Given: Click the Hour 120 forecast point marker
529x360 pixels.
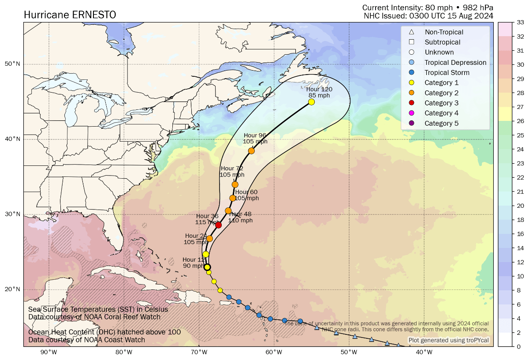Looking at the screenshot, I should [x=311, y=102].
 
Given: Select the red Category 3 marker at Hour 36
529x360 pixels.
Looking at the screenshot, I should [x=218, y=225].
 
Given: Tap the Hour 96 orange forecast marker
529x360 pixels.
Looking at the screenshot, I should [x=251, y=151].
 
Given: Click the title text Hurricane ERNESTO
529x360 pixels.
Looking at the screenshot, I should [x=70, y=15].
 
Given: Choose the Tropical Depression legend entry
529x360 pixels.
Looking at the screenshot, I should [x=455, y=63].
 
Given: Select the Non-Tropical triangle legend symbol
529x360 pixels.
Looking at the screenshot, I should [x=411, y=32].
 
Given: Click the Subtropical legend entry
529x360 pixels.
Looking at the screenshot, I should [x=442, y=42].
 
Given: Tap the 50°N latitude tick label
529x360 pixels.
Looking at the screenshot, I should [x=12, y=64].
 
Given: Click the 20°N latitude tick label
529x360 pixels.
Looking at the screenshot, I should [x=12, y=289].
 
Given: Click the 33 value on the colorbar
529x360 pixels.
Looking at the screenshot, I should [x=520, y=22].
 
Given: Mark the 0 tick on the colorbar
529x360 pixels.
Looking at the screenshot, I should [x=518, y=346].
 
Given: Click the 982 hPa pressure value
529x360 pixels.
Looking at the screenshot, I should [x=478, y=7].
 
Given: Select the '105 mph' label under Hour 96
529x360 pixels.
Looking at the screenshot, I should [x=255, y=142].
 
